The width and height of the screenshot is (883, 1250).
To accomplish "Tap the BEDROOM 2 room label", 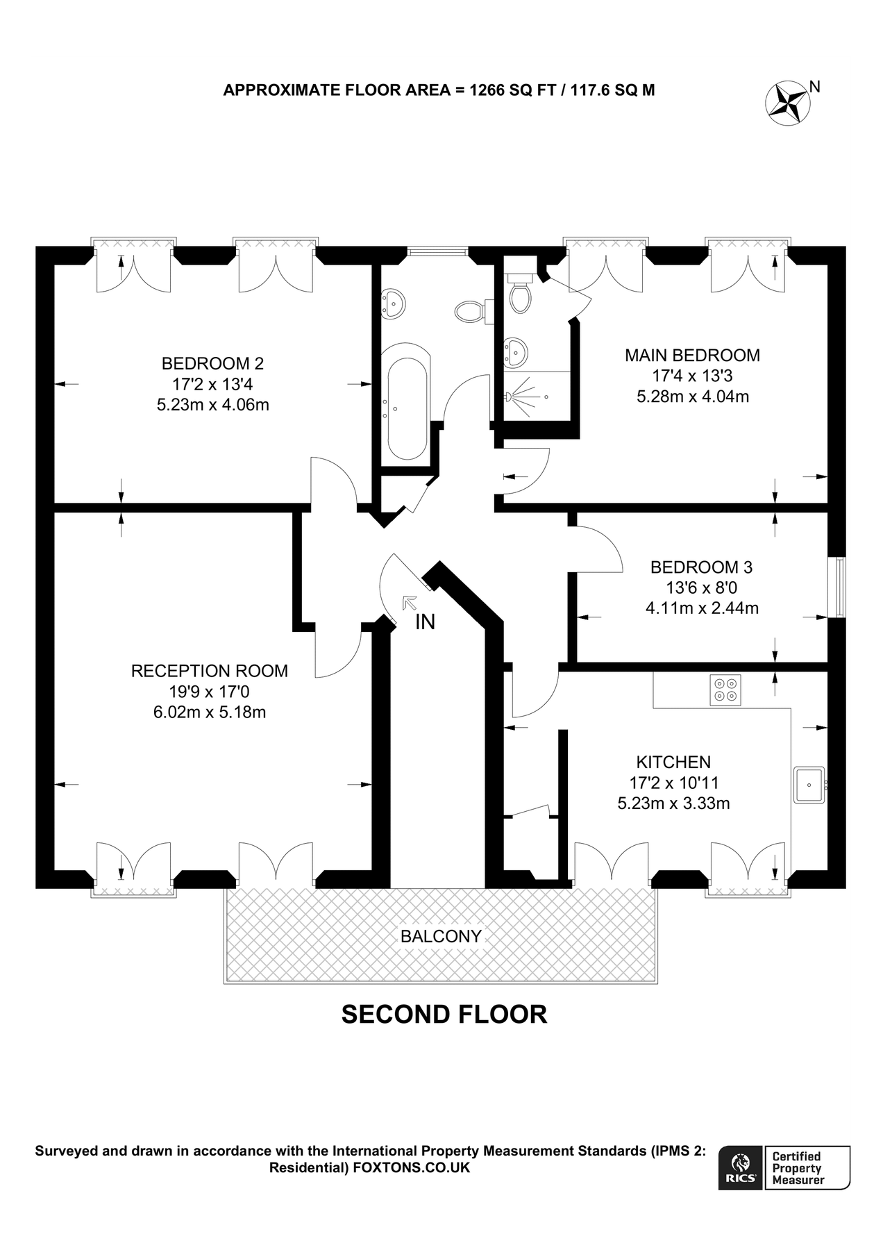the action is (x=212, y=363).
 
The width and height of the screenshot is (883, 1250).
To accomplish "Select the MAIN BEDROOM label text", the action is (x=692, y=356).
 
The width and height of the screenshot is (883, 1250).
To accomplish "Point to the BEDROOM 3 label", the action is (x=701, y=567).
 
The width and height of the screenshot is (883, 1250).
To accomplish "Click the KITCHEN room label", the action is (x=673, y=762).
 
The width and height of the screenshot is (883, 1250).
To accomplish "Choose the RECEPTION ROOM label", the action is (x=210, y=671).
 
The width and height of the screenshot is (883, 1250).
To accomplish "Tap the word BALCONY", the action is (x=441, y=936).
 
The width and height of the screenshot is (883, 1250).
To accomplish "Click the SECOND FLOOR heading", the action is (x=444, y=1015).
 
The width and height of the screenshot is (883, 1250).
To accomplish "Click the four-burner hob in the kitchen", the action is (x=725, y=689).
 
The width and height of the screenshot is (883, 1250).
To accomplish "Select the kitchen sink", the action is (x=809, y=784).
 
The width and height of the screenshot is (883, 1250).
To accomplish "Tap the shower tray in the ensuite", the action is (x=537, y=396).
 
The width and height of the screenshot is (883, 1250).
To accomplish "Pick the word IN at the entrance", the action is (x=426, y=622).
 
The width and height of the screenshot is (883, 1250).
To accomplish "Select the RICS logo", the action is (x=741, y=1167).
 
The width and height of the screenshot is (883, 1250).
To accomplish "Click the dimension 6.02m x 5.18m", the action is (x=210, y=712).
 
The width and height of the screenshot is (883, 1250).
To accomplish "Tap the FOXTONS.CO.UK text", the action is (x=412, y=1167).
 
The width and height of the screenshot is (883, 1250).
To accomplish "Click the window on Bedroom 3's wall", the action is (x=840, y=587).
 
